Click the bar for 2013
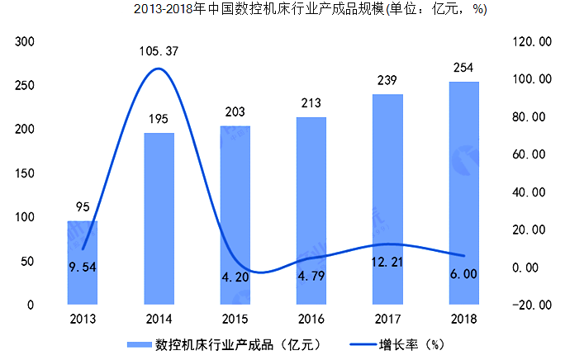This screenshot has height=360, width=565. coord(83,263)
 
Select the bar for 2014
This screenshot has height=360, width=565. coord(159,219)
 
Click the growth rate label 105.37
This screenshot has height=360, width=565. coord(159,52)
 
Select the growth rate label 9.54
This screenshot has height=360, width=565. coord(83,267)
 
